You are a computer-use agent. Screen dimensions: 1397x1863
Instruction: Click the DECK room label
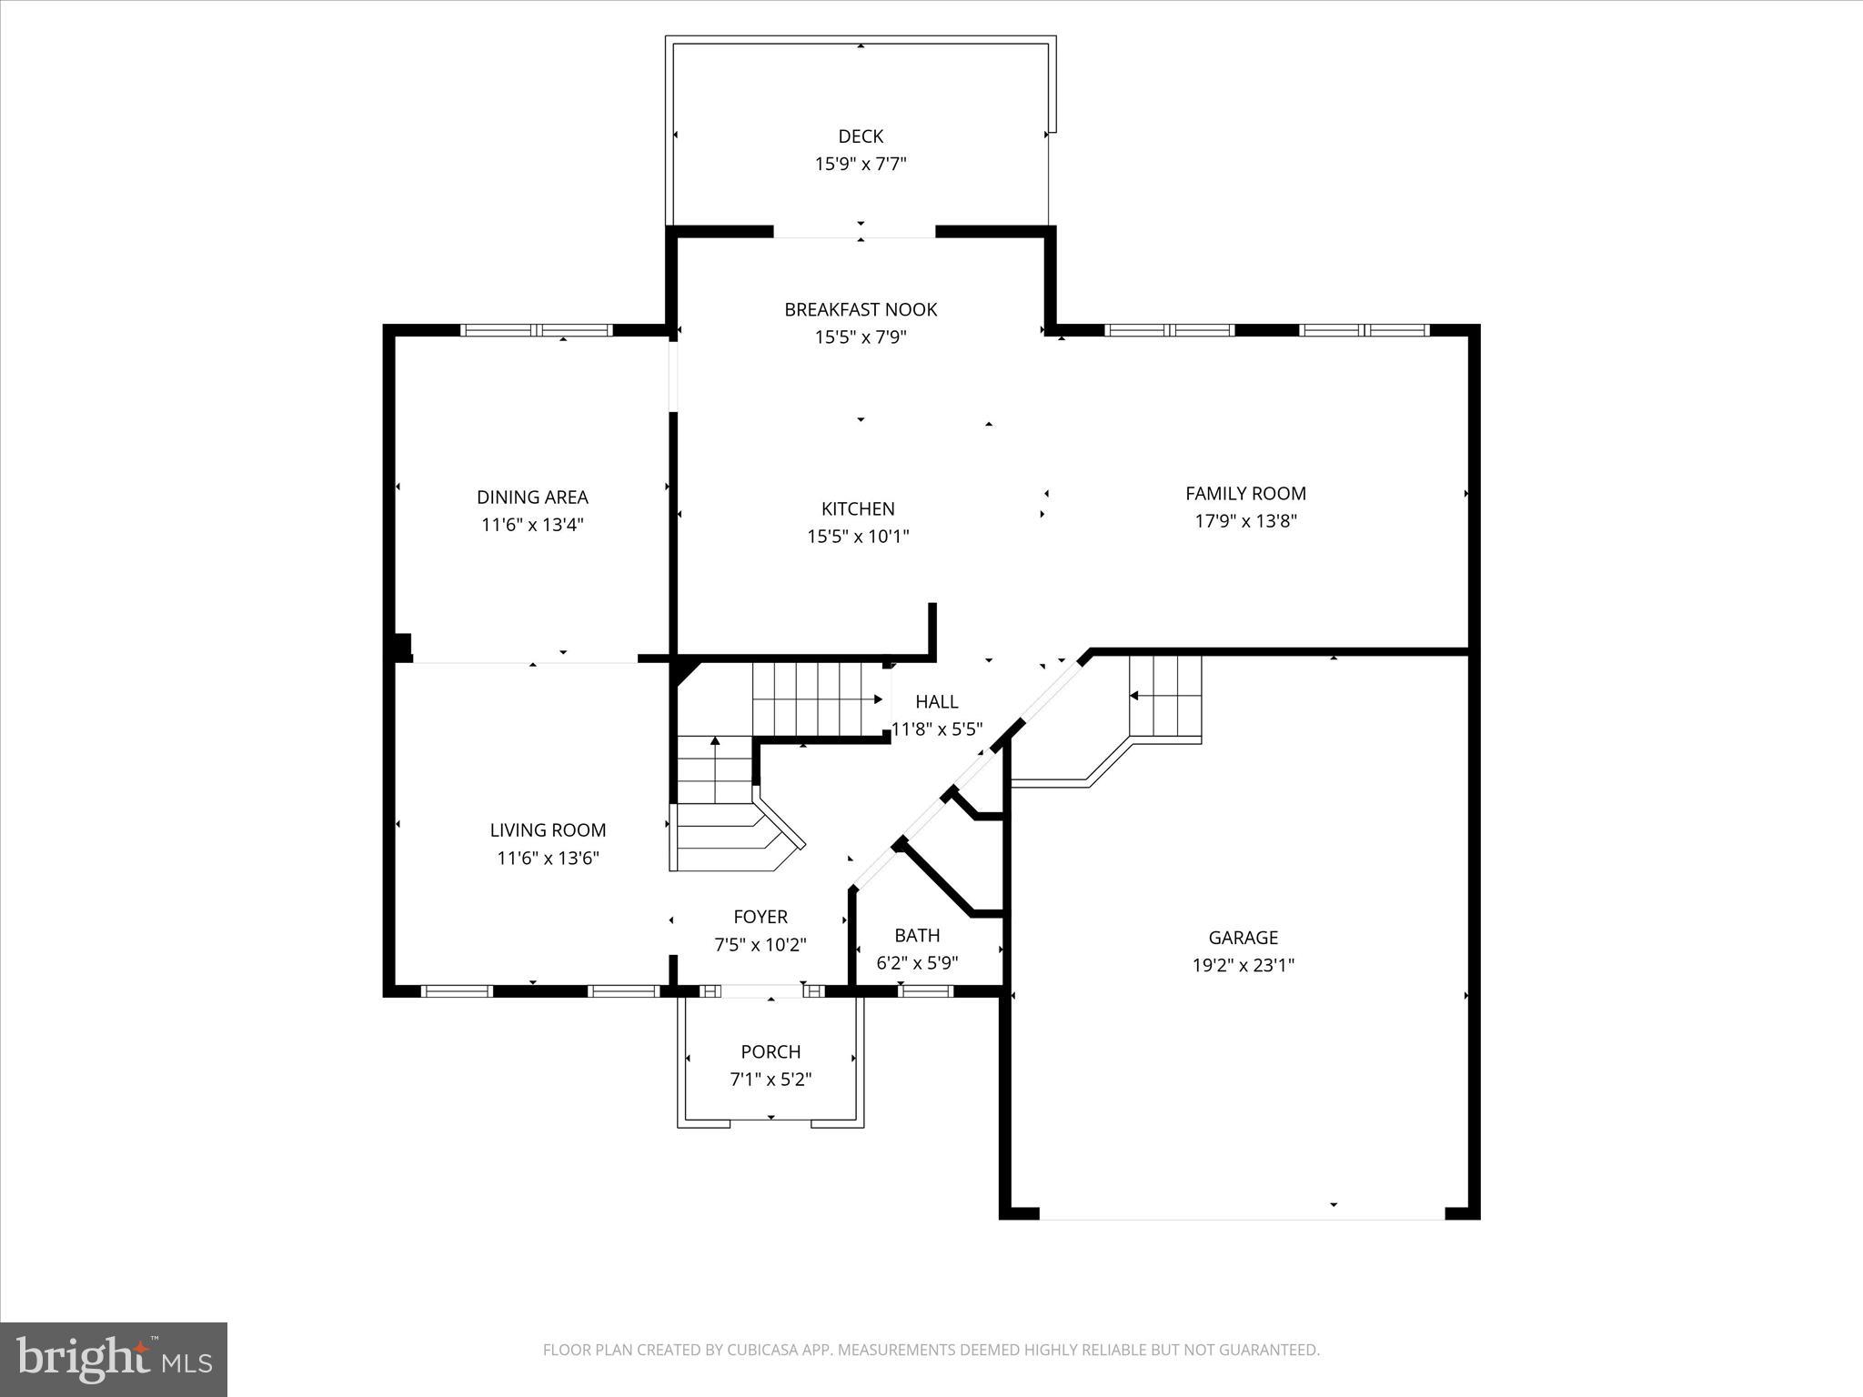click(x=860, y=136)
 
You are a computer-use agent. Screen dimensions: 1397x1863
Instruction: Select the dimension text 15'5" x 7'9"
click(x=860, y=337)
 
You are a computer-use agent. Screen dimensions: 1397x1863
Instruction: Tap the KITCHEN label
click(x=858, y=508)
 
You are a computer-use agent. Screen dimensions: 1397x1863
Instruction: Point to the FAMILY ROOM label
click(x=1245, y=493)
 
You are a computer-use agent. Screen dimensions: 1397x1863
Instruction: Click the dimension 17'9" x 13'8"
click(x=1245, y=521)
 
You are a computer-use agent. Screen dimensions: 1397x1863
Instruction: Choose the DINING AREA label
click(x=532, y=497)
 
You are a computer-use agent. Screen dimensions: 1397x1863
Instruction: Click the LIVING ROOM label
click(x=548, y=829)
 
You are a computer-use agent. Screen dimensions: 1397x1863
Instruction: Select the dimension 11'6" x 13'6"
click(x=548, y=858)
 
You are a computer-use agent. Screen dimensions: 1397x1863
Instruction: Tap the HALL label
click(x=936, y=701)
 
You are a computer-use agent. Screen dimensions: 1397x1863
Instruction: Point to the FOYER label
click(x=760, y=917)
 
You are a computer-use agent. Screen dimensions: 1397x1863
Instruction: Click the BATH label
click(x=917, y=935)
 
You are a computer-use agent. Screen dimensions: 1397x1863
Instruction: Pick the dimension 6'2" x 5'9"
click(x=917, y=963)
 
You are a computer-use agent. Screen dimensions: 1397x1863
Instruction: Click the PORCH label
click(x=770, y=1051)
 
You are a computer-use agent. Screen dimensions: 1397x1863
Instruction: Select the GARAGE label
click(x=1243, y=937)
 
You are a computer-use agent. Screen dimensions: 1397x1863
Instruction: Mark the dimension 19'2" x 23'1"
click(x=1243, y=965)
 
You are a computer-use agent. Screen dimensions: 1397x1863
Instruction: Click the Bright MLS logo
click(x=114, y=1359)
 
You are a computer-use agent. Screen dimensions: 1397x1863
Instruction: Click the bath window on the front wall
click(x=925, y=991)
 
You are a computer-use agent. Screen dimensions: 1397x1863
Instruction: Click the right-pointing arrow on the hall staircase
click(x=877, y=698)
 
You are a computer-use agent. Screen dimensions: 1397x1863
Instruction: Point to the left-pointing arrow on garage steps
click(x=1135, y=696)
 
